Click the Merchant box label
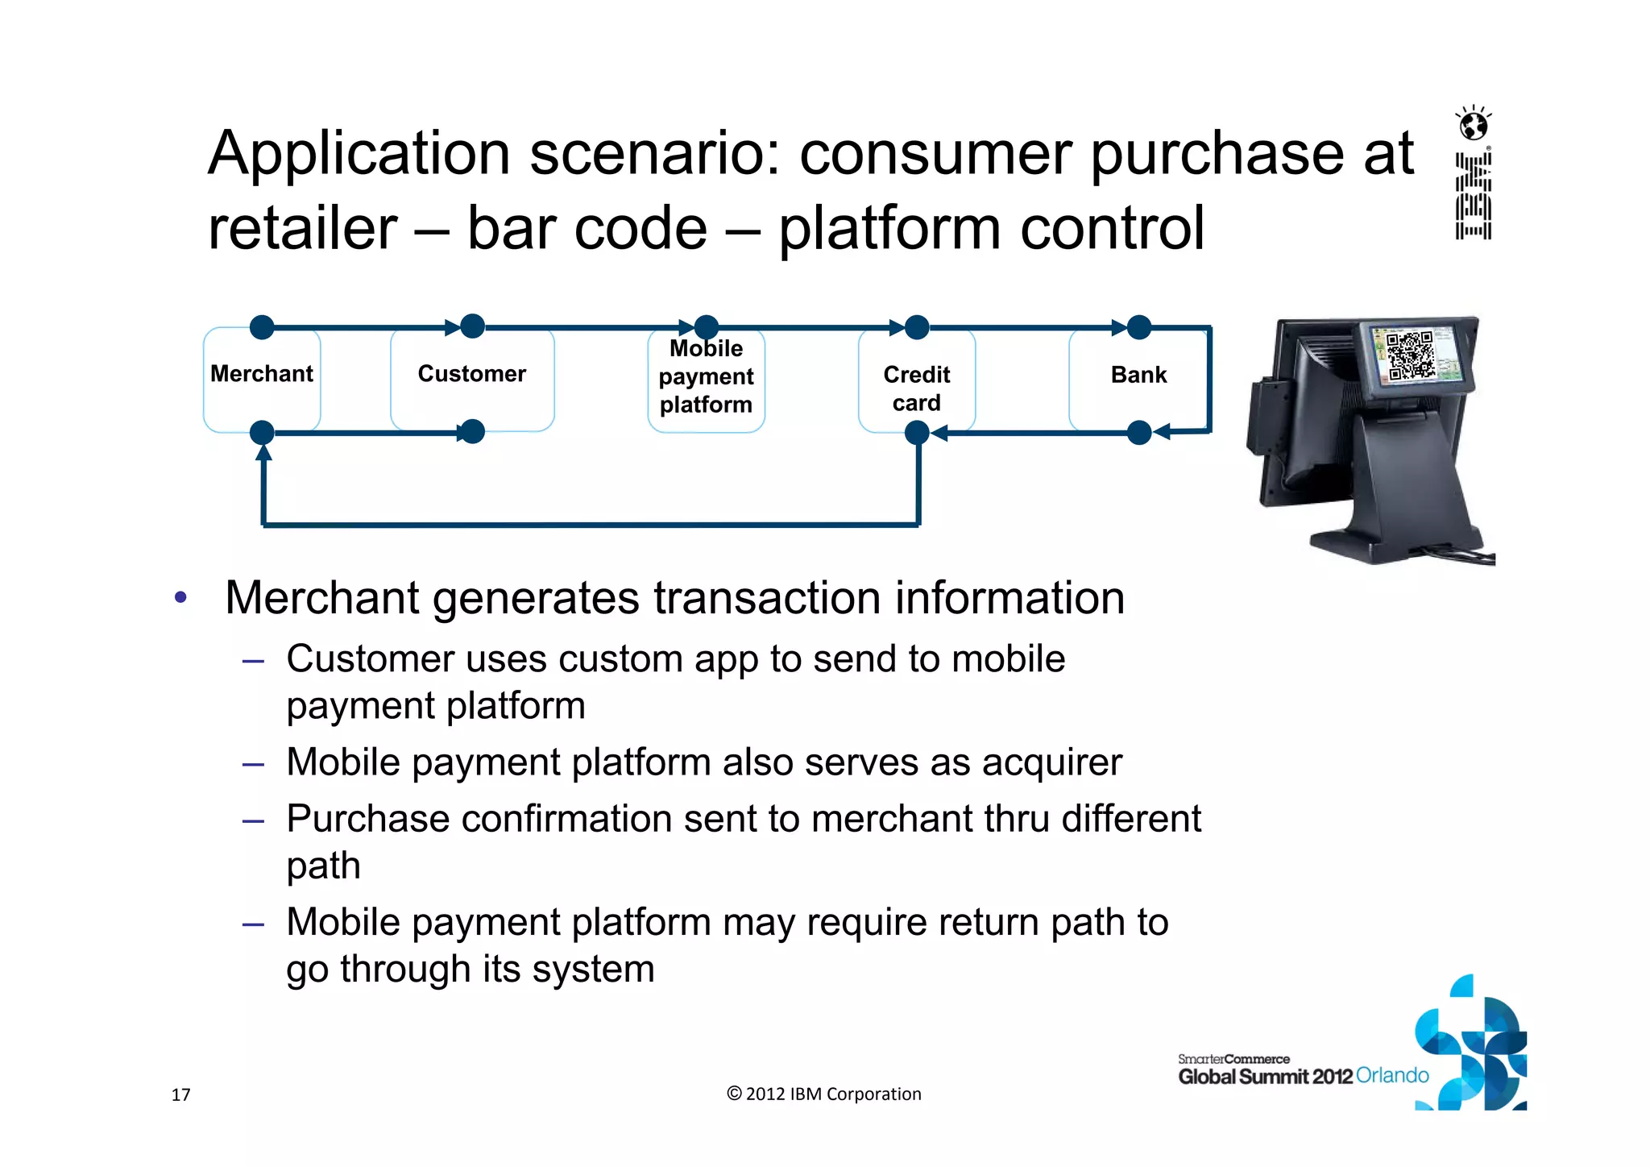[262, 374]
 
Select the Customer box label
[471, 374]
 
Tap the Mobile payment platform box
[706, 377]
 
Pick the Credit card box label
[916, 388]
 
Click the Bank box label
[1138, 375]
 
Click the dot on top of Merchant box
[262, 327]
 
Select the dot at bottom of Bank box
[1139, 433]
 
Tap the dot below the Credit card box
[917, 434]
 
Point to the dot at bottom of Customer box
[472, 432]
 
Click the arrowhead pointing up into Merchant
[263, 453]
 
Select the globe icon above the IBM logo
[1474, 125]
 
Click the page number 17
[180, 1094]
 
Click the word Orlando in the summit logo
[1392, 1075]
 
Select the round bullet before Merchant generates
[180, 598]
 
